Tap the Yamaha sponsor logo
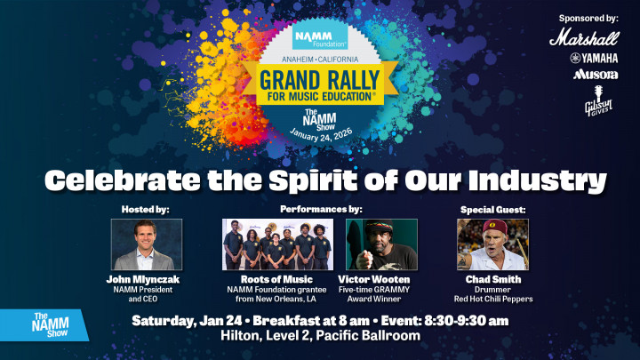click(x=594, y=58)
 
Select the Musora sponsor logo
click(x=595, y=75)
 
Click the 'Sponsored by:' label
click(x=588, y=18)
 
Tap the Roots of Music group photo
click(x=277, y=244)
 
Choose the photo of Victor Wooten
click(x=381, y=244)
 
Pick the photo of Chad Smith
click(x=493, y=244)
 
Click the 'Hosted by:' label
click(x=144, y=209)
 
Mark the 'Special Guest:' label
click(x=493, y=209)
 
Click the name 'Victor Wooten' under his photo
click(x=381, y=278)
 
